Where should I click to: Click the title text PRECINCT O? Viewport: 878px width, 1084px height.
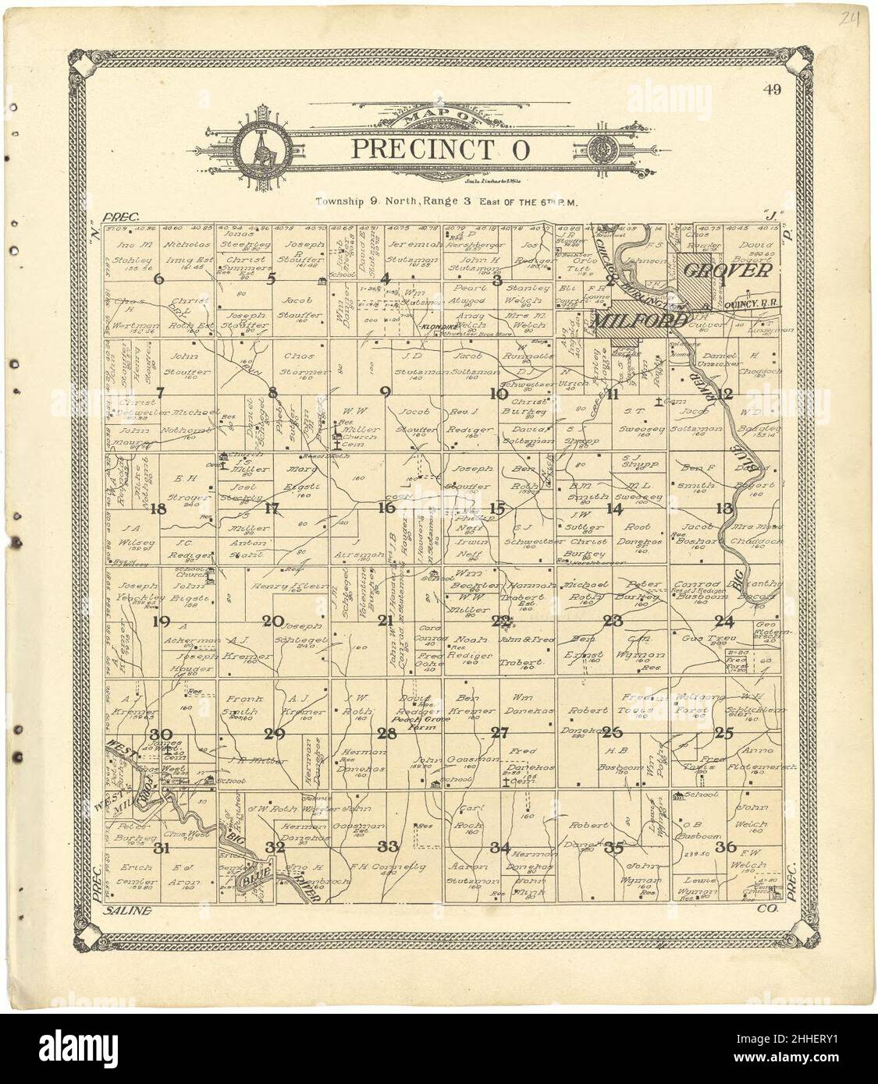pos(439,148)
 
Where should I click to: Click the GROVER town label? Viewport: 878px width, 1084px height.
pos(729,271)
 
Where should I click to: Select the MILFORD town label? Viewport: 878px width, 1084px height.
pos(640,320)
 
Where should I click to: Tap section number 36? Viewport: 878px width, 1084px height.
pos(730,846)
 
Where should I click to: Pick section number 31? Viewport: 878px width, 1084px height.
pos(162,848)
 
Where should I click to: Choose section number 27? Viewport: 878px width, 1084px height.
pos(499,732)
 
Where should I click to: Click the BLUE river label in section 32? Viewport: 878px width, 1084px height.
pos(254,877)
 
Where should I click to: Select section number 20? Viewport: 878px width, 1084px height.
pos(273,622)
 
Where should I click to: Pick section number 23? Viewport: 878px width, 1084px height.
pos(613,622)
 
